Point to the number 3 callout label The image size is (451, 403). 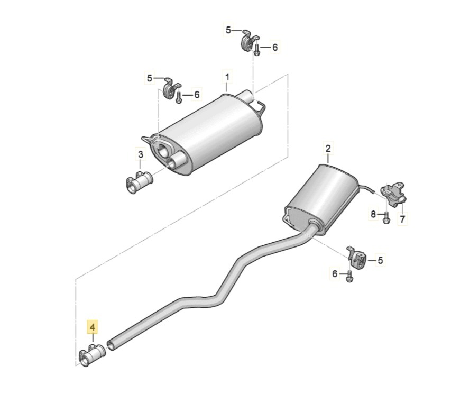[x=141, y=154]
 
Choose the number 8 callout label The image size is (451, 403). [x=373, y=214]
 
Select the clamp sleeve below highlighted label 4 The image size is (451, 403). [x=92, y=357]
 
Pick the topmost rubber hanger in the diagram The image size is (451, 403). [x=248, y=41]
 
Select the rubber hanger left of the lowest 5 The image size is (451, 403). [x=355, y=257]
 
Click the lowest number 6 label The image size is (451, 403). [x=334, y=273]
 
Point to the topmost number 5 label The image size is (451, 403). [x=228, y=31]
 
